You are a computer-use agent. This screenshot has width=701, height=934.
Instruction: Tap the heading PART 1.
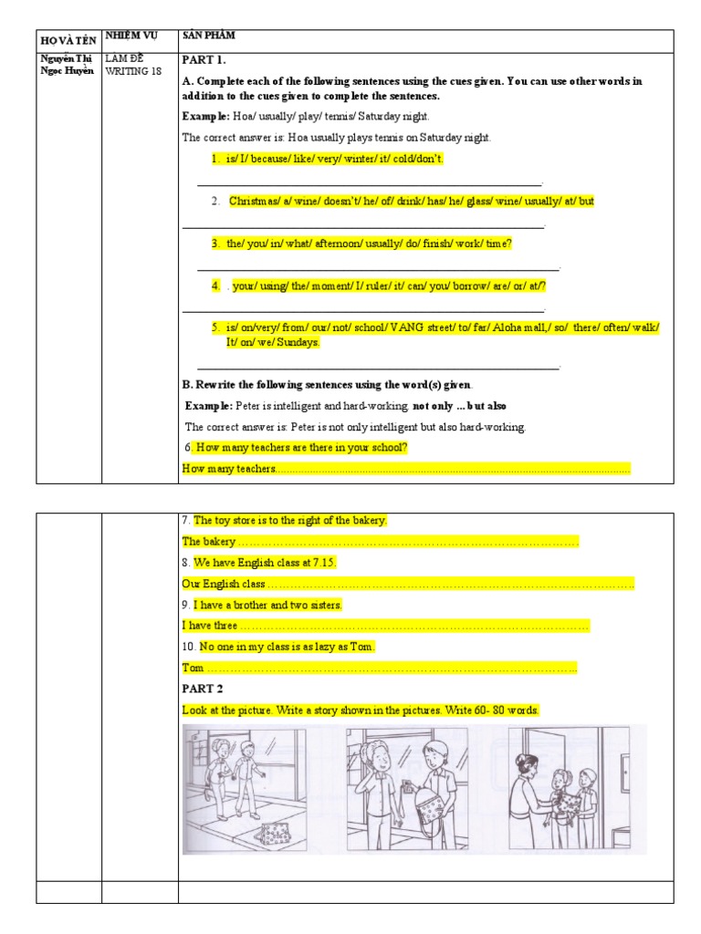[205, 61]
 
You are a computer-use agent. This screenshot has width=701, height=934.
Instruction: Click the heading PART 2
[202, 689]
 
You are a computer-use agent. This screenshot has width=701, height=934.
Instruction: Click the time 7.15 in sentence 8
[324, 563]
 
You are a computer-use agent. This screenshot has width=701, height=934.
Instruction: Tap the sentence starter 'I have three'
[210, 626]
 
